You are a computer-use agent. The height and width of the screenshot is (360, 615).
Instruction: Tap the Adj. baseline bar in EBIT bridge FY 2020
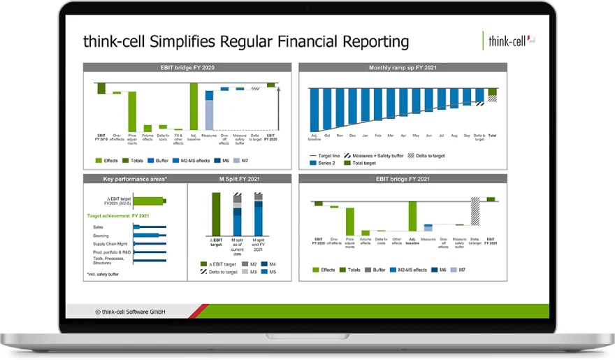194,106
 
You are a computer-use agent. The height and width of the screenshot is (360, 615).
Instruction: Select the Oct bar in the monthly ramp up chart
327,108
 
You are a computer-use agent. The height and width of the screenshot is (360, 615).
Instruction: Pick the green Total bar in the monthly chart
493,92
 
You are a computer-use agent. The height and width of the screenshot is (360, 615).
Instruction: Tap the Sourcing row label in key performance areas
103,236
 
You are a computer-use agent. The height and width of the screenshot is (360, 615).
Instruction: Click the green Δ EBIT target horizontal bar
148,201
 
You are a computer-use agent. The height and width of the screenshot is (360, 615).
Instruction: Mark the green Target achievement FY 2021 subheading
118,216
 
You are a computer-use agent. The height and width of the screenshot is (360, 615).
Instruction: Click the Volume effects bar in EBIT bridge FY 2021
366,232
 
